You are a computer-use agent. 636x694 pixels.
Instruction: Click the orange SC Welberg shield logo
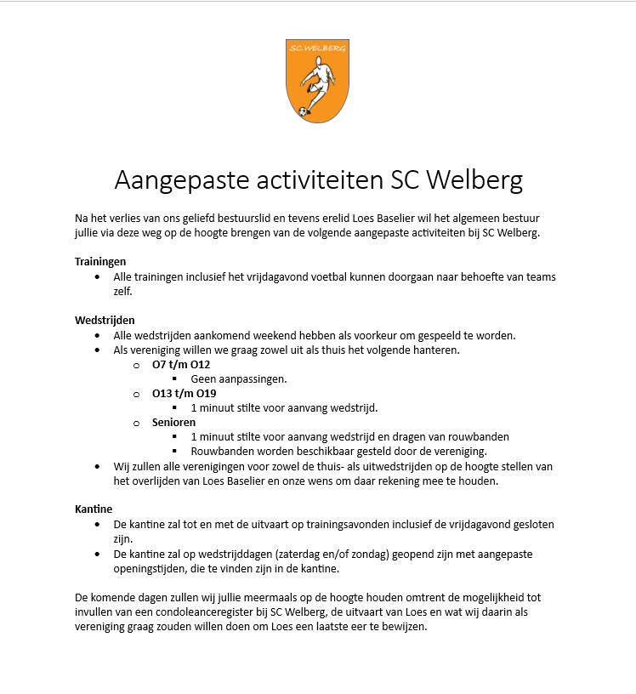[x=317, y=80]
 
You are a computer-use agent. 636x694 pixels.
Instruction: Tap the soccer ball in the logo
[x=303, y=111]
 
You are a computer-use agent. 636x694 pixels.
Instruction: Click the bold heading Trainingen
[x=100, y=261]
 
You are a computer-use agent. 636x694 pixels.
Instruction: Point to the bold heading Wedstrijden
[x=105, y=320]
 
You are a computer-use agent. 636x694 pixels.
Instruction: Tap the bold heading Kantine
[x=94, y=509]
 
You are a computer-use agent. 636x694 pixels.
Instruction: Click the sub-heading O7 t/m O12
[x=181, y=364]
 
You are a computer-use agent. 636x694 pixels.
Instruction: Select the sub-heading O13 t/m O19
[x=185, y=393]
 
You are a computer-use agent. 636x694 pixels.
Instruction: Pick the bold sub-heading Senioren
[x=174, y=422]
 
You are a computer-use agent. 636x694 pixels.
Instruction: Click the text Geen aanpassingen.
[x=239, y=378]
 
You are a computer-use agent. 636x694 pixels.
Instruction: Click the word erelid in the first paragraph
[x=336, y=218]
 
